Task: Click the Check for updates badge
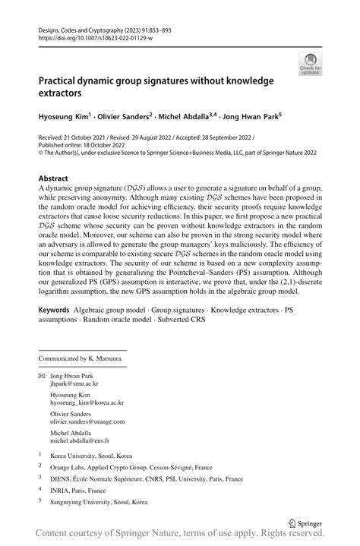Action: tap(309, 65)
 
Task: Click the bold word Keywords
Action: tap(55, 311)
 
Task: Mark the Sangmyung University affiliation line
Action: tap(99, 503)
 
